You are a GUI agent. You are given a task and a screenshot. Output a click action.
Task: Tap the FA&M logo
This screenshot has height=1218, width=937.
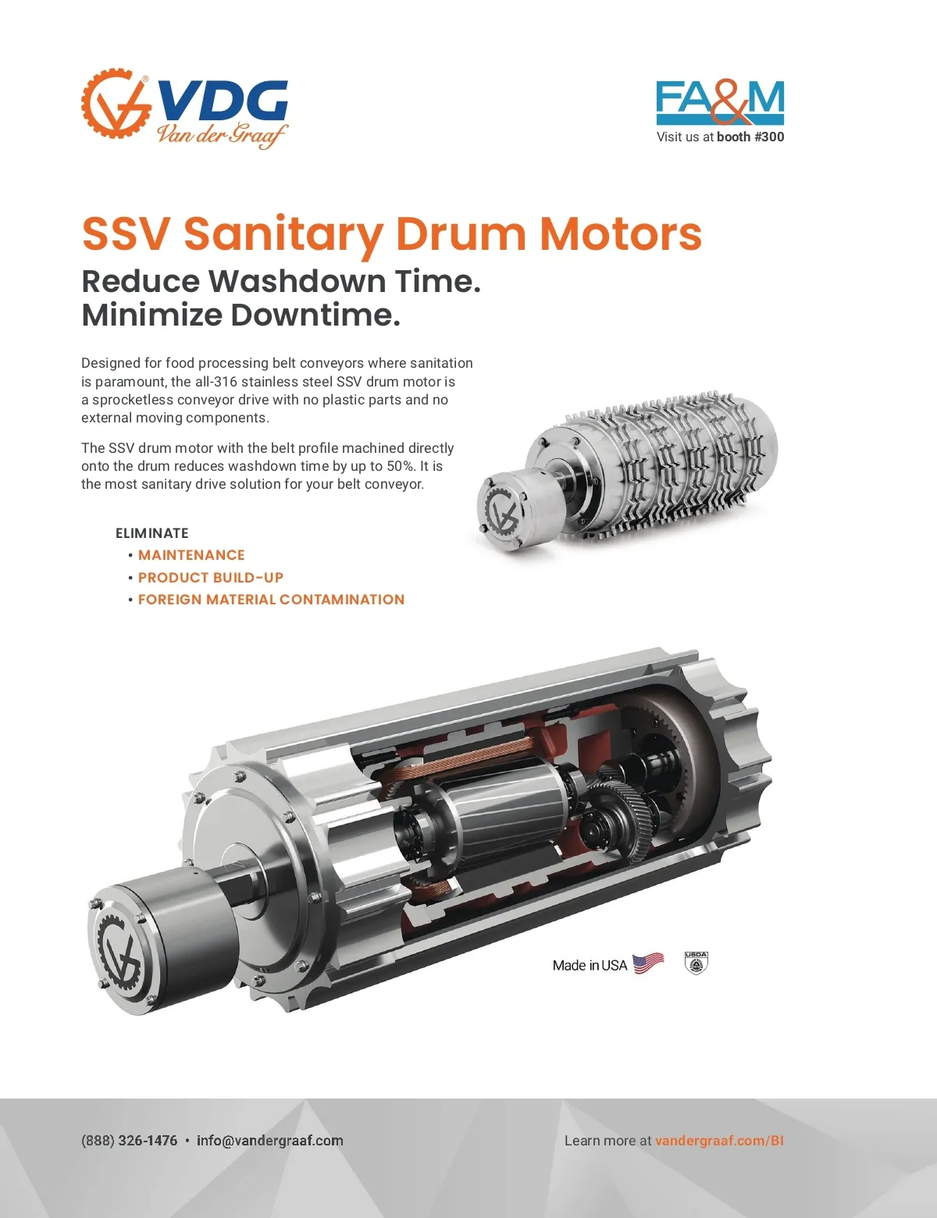720,102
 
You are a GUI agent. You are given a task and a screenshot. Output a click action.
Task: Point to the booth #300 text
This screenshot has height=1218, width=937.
750,137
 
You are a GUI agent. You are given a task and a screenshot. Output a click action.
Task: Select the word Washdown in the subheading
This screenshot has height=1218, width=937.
300,281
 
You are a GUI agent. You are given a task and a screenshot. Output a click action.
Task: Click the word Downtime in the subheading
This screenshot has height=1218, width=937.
315,315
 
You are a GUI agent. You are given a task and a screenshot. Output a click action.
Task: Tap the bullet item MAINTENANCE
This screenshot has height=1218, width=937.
191,555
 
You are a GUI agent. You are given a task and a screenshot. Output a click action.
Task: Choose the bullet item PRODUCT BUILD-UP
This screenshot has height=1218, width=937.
211,577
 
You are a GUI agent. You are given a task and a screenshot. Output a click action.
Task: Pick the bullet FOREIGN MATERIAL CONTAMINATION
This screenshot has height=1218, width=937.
271,599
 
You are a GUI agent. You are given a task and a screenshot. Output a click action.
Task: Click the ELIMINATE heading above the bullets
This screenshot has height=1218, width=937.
151,533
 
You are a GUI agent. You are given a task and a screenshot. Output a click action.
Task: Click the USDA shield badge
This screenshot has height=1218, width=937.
696,963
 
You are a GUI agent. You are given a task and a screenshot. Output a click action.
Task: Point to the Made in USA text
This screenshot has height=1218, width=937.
590,965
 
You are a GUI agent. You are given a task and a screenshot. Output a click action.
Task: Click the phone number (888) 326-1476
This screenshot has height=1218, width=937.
130,1141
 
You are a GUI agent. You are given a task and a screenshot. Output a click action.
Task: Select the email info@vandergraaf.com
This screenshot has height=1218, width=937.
270,1141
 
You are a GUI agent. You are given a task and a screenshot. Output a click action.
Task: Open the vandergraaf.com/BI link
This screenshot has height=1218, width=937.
720,1141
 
